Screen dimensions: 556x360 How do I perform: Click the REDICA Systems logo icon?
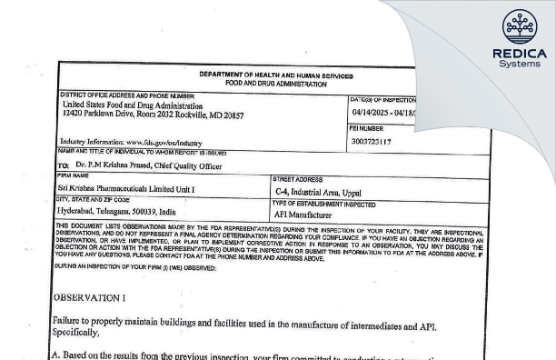(x=519, y=24)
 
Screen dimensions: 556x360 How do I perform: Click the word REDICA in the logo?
(x=519, y=53)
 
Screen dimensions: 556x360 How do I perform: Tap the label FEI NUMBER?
(x=367, y=129)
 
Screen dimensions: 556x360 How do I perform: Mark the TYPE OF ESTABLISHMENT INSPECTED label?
(x=324, y=201)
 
